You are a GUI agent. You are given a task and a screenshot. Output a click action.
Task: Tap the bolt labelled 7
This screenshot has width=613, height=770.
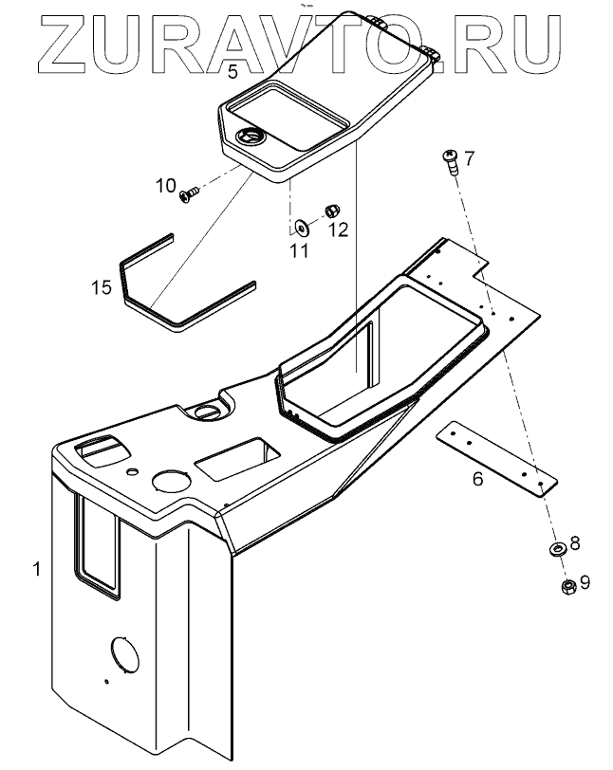point(449,161)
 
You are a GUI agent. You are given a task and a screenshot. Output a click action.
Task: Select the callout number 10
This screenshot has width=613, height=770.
point(166,187)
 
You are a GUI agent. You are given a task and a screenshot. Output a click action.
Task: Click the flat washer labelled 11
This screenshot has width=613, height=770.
point(302,228)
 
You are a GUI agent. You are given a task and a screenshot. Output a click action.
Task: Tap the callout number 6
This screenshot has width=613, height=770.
point(477,478)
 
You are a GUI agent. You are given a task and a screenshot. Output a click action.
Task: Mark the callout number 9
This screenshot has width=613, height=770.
point(585,582)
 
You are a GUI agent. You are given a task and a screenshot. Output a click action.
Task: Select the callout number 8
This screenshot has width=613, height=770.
point(575,543)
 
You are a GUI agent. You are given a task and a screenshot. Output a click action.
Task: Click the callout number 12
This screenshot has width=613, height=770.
point(339,229)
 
